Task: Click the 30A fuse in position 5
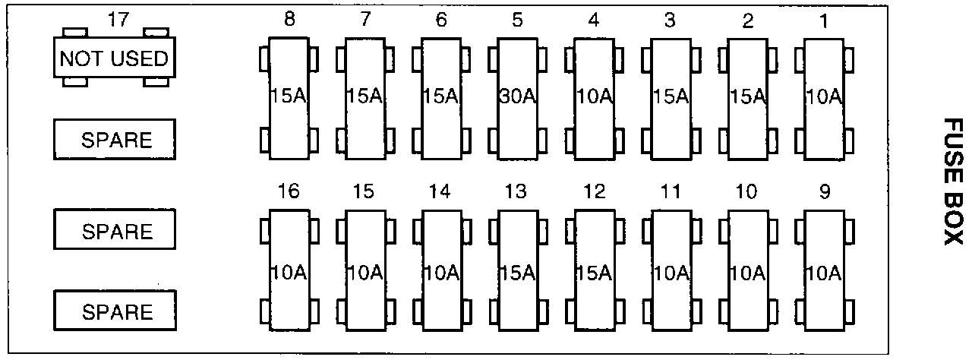(517, 98)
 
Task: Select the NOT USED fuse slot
(114, 58)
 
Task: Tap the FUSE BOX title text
(952, 181)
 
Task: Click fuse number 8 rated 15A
(289, 98)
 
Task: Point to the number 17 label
(118, 19)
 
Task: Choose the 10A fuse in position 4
(594, 98)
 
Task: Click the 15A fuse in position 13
(517, 272)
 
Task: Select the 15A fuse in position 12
(594, 272)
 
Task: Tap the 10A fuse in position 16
(289, 272)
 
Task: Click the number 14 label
(440, 191)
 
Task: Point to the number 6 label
(441, 20)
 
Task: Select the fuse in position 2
(748, 98)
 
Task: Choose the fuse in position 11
(671, 272)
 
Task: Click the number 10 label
(747, 191)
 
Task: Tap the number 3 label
(670, 20)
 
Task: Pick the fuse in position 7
(364, 98)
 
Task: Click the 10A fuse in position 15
(364, 272)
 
